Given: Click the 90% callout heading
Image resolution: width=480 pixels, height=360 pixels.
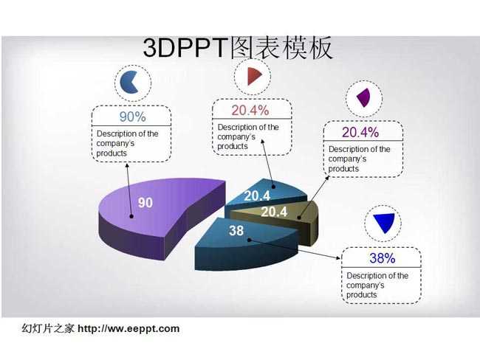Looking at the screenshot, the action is tap(132, 117).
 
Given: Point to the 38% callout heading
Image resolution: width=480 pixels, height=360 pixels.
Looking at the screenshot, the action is tap(382, 258).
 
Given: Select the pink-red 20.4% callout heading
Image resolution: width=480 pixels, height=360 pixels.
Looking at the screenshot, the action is tap(250, 110).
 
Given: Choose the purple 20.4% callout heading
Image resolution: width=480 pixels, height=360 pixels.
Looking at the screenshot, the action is tap(360, 132).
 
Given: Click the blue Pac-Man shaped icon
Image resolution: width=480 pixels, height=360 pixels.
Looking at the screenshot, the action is tap(128, 83).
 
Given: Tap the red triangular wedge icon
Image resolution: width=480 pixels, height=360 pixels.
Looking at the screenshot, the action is tap(254, 76).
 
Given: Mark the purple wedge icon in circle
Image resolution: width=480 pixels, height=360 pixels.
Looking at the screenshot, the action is tap(363, 98).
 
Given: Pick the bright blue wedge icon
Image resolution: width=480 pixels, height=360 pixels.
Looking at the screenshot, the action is tap(384, 223).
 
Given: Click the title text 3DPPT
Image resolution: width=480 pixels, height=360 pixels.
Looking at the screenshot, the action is tap(186, 48).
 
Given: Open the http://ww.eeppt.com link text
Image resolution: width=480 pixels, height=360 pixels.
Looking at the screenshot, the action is tap(128, 329).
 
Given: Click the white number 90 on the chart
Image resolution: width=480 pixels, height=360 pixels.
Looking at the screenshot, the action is tap(145, 203).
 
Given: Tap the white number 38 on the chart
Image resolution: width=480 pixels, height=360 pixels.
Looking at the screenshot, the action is tap(236, 231).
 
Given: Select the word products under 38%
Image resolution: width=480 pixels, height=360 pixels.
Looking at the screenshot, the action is tap(362, 295).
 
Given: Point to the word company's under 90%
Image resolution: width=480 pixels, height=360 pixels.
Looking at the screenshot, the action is tap(115, 143).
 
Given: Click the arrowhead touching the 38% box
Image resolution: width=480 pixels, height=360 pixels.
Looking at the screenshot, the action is tap(338, 258).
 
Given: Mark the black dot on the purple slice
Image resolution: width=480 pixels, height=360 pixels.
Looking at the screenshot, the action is tap(131, 216).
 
